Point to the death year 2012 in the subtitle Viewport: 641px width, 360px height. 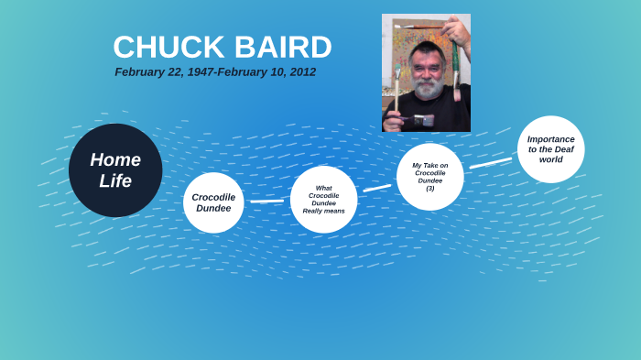point(301,72)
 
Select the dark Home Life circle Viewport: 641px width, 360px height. point(115,170)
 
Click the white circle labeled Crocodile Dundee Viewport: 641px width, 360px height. point(213,202)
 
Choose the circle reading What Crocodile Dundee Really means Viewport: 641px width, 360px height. point(323,199)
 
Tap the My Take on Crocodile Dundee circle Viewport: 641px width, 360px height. point(429,177)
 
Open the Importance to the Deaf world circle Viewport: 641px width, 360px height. point(550,149)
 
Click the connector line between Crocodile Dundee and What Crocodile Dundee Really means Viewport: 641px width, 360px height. point(266,201)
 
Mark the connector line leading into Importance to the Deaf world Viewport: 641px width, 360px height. point(491,163)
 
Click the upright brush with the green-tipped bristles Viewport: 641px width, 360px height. point(397,87)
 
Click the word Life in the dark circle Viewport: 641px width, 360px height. point(115,181)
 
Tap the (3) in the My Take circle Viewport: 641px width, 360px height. point(429,188)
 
